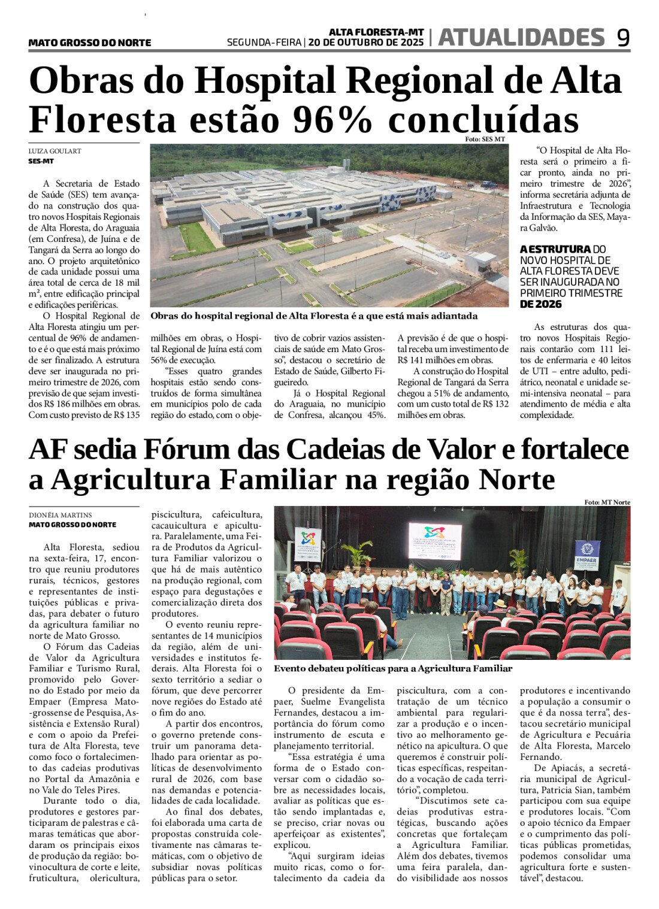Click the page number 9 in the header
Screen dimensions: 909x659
(623, 38)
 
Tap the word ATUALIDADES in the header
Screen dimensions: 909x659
(521, 38)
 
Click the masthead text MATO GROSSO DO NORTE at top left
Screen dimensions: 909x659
(90, 43)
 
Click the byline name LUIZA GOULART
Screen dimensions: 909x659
(55, 151)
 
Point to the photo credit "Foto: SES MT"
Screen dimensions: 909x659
(485, 140)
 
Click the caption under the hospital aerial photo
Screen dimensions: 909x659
(314, 316)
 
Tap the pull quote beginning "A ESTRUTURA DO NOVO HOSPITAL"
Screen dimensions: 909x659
(571, 276)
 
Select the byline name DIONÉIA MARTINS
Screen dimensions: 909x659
(61, 515)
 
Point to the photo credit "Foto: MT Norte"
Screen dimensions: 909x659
(607, 502)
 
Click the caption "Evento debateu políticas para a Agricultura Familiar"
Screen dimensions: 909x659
(393, 668)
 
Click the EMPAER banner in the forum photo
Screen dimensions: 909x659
(587, 556)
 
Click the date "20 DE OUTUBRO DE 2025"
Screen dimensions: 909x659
(366, 43)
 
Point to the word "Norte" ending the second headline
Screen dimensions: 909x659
(509, 480)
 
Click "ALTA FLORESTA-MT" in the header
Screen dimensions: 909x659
(376, 32)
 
